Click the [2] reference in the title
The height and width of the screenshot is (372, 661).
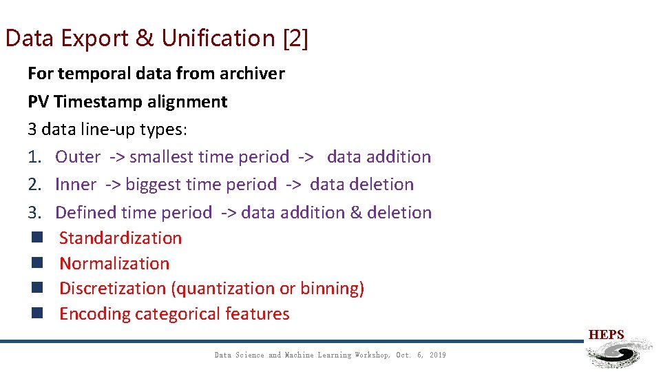tap(295, 39)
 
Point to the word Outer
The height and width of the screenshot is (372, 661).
tap(78, 157)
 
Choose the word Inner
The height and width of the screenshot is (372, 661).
tap(76, 185)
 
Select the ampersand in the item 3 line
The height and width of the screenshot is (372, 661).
tap(356, 213)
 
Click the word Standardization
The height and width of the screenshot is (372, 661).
tap(120, 238)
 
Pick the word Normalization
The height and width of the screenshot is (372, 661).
tap(114, 264)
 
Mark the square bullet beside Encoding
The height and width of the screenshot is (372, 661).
tap(36, 314)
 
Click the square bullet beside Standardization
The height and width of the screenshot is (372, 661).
tap(36, 238)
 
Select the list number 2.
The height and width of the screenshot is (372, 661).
tap(34, 185)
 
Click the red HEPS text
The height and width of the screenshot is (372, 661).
tap(606, 335)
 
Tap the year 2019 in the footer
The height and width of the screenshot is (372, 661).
tap(437, 355)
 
